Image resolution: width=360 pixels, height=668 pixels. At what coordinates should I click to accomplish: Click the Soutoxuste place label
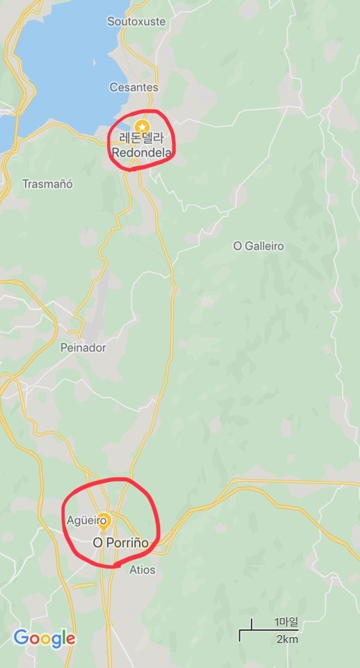[136, 22]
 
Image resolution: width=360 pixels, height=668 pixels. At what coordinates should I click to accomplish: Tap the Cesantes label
[134, 88]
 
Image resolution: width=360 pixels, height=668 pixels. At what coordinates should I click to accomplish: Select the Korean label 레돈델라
[142, 138]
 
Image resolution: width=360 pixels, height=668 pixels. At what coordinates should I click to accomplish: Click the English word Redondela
[141, 151]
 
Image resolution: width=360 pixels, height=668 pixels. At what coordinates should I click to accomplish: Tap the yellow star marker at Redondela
[142, 127]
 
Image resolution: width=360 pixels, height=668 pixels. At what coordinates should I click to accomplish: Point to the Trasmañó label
[47, 184]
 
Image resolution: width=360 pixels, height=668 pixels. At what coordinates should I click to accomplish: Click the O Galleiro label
[259, 246]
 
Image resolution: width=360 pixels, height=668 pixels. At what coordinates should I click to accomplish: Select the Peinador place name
[83, 348]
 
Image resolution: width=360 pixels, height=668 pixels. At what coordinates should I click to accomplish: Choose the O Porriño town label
[121, 542]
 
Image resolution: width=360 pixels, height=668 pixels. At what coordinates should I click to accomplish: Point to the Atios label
[142, 570]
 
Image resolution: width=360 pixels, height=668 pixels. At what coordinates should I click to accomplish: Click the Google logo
[44, 638]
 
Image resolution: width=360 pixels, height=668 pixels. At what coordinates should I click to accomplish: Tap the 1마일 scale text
[286, 622]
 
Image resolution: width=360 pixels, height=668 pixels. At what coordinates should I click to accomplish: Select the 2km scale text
[287, 640]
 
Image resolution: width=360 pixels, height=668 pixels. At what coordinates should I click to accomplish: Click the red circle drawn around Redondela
[172, 139]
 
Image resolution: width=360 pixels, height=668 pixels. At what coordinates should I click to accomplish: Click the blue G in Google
[20, 638]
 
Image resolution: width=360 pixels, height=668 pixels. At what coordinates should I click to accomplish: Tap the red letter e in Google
[71, 640]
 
